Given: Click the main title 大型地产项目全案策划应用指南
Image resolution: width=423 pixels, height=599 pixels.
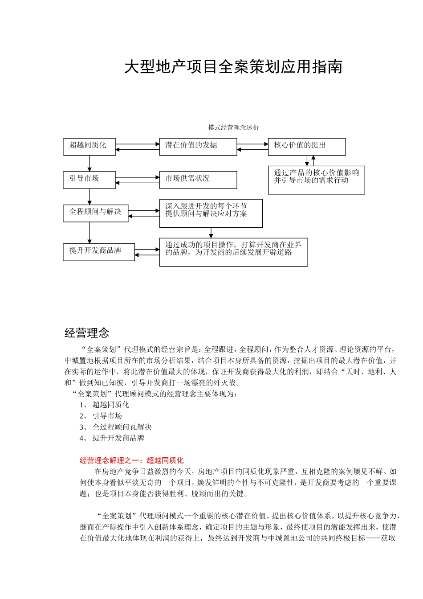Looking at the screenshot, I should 233,67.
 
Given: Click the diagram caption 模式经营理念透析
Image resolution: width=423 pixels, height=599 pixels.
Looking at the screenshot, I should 233,127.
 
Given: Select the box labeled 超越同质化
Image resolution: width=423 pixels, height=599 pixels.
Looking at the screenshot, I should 89,146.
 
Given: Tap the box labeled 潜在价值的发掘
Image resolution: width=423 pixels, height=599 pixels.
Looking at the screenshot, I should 198,146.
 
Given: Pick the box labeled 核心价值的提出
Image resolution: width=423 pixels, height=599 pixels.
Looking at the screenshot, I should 306,146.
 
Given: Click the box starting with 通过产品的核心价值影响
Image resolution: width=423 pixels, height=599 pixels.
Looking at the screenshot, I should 316,180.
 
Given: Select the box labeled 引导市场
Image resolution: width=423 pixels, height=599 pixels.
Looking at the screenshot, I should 89,180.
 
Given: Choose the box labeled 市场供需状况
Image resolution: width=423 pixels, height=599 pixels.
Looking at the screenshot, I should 198,180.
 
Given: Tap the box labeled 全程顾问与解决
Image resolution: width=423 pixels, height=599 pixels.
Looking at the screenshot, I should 96,213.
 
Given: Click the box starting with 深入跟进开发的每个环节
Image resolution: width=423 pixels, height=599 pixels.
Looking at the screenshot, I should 211,213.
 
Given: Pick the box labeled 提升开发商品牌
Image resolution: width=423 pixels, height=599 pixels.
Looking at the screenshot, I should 99,251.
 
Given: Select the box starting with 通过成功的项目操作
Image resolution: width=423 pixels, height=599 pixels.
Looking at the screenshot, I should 233,252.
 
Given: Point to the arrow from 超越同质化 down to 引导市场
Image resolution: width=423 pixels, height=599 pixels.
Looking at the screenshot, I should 89,163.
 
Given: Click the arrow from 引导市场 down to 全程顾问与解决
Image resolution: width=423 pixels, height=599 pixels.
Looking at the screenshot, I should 89,196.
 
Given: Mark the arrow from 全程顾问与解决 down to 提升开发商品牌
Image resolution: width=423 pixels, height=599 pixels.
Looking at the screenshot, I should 89,232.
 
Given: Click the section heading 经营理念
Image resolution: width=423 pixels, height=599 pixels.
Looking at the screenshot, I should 87,333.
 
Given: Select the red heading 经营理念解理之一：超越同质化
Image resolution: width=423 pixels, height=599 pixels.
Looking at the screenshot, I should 131,460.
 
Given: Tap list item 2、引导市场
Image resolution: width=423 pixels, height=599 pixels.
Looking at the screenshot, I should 101,416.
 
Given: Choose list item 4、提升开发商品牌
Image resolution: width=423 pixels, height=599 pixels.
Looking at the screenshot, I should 112,438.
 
